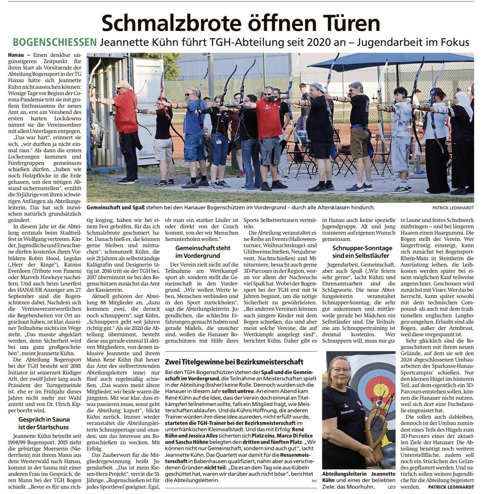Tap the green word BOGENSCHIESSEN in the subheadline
(55, 43)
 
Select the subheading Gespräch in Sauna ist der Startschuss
(44, 423)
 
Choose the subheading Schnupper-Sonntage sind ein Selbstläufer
(357, 252)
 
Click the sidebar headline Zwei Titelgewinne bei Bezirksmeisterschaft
(234, 362)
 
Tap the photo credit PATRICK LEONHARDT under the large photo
(453, 208)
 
